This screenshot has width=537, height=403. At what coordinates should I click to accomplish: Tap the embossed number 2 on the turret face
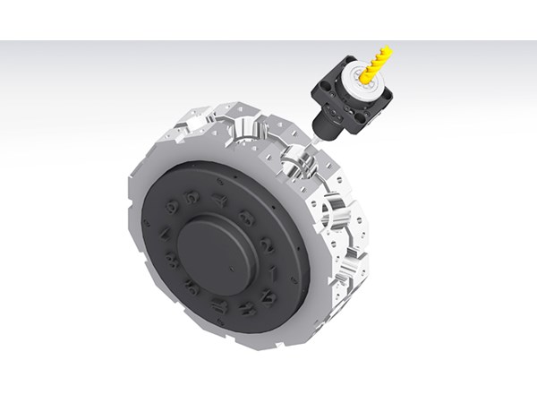tap(267, 245)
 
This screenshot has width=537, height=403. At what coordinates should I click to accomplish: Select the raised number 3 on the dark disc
tap(247, 217)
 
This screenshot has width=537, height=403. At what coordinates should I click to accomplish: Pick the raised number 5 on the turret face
tap(192, 197)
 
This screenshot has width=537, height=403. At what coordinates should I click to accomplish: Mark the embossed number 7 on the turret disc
tap(164, 234)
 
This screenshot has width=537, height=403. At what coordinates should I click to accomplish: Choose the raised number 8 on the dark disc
tap(172, 261)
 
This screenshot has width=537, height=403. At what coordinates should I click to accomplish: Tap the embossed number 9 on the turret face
tap(192, 287)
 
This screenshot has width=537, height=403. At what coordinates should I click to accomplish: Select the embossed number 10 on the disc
tap(220, 305)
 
